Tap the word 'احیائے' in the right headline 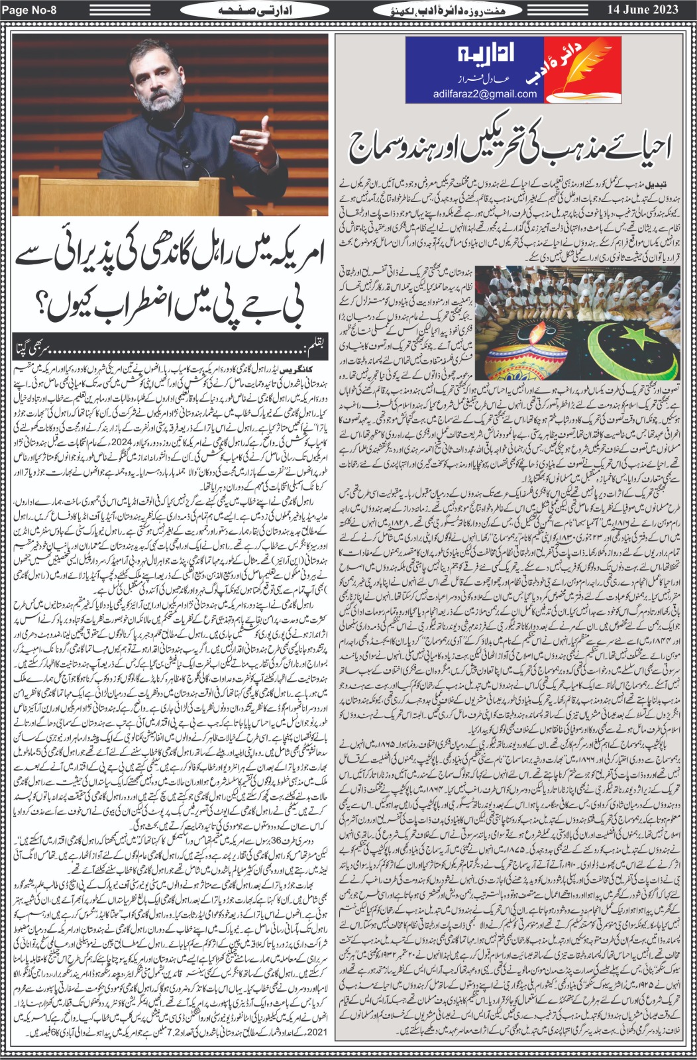pos(631,144)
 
